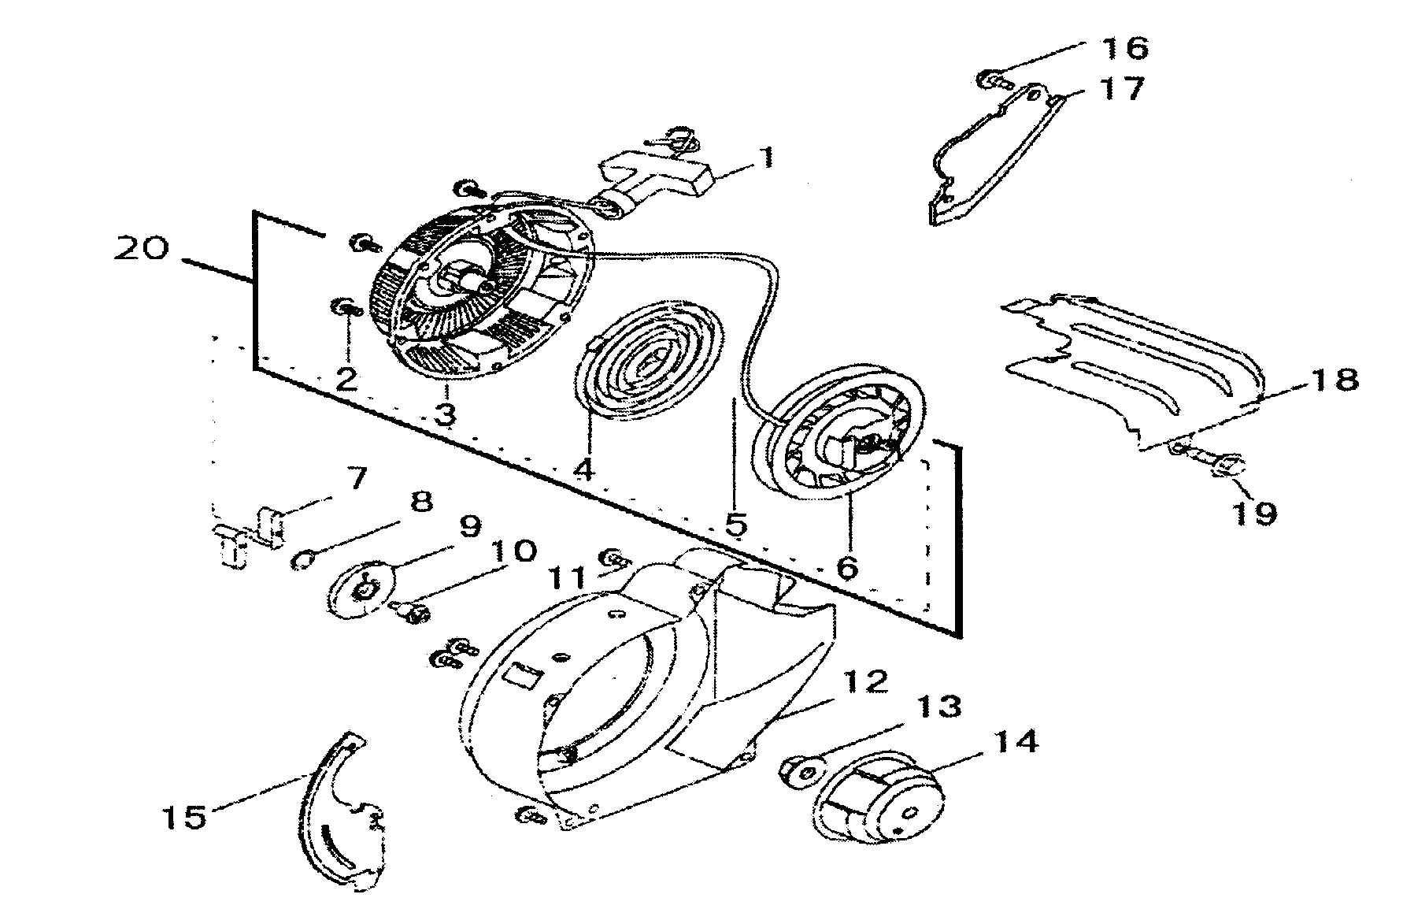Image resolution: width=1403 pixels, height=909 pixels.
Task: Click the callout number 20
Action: point(141,249)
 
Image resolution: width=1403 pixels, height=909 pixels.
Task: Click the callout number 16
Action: point(1125,48)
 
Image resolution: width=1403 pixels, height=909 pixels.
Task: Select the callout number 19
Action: point(1253,514)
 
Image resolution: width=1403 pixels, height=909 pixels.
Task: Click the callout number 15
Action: point(186,816)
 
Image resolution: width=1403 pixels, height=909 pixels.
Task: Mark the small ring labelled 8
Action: point(303,561)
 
